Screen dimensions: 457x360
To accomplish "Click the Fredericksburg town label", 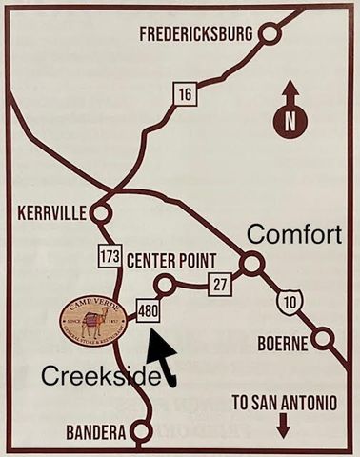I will (196, 34).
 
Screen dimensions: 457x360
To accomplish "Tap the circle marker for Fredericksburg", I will (270, 34).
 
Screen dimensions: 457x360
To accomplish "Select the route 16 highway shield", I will (183, 92).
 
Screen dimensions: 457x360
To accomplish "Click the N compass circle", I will (291, 121).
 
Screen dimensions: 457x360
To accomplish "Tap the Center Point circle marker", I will (165, 284).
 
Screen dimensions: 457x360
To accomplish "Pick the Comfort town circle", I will (250, 264).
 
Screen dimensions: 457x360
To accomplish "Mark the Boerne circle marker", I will (326, 338).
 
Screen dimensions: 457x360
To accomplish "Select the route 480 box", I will (149, 311).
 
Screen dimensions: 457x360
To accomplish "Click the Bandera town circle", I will (142, 432).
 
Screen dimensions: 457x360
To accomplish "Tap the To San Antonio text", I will (283, 403).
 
